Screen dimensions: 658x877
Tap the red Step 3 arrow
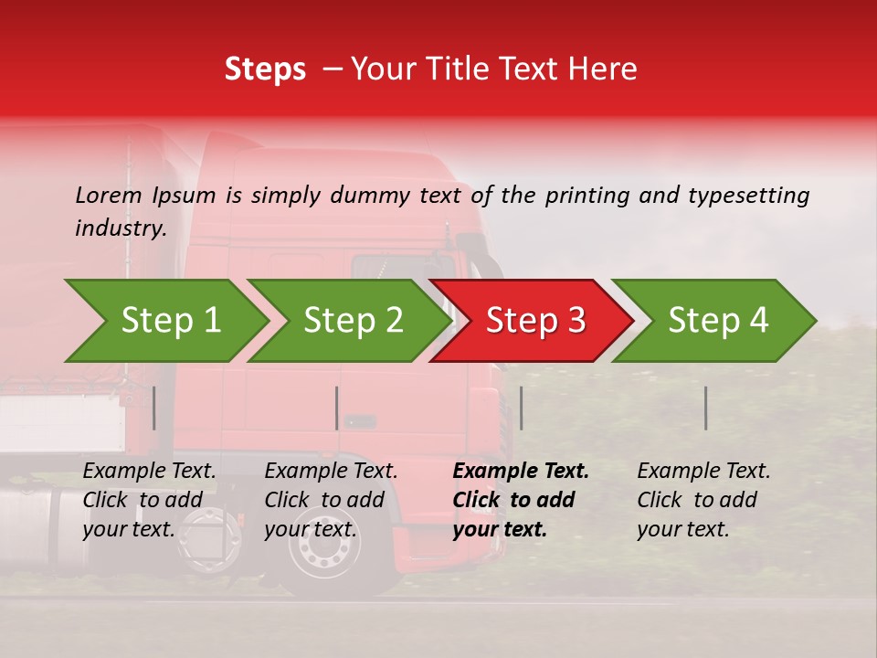pyautogui.click(x=534, y=321)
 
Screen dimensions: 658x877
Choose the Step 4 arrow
pyautogui.click(x=717, y=321)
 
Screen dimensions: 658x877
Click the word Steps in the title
pyautogui.click(x=265, y=69)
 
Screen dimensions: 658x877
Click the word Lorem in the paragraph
pyautogui.click(x=108, y=196)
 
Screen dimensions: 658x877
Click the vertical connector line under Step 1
pyautogui.click(x=154, y=408)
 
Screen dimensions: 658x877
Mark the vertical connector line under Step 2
pyautogui.click(x=337, y=408)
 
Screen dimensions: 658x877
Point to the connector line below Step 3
pyautogui.click(x=522, y=408)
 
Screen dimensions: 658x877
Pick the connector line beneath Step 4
pyautogui.click(x=706, y=408)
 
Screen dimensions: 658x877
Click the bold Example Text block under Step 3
pyautogui.click(x=521, y=500)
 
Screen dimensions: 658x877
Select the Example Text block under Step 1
pyautogui.click(x=149, y=500)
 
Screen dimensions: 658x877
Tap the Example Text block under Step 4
pyautogui.click(x=703, y=500)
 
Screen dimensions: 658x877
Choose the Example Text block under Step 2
pyautogui.click(x=331, y=500)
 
